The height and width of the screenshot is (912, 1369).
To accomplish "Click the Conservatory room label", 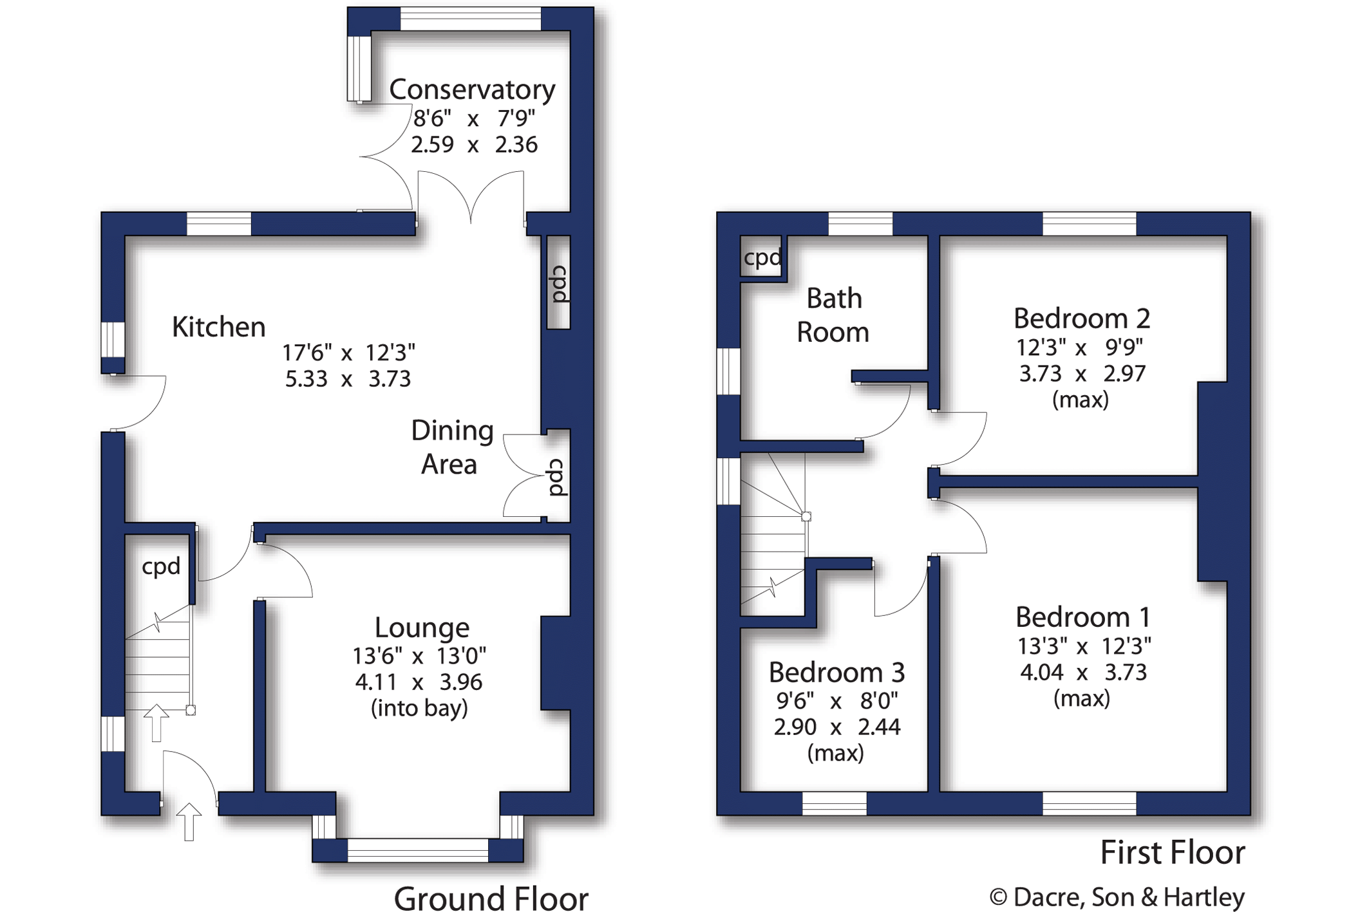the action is point(472,89).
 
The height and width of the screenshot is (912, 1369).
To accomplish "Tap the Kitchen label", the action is point(218,327).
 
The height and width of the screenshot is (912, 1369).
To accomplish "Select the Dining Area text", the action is point(451,447).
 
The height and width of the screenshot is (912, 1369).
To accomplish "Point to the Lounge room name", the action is point(422,628).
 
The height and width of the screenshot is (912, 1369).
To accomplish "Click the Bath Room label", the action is point(833,315).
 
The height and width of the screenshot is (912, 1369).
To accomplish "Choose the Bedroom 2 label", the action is point(1081,318).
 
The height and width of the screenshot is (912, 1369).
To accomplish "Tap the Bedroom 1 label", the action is point(1082,617).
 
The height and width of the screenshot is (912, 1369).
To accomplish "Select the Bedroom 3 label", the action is point(836,672).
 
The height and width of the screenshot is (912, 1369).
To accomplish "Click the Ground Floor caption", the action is point(491,898).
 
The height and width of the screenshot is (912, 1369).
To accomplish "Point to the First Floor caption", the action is point(1173,852).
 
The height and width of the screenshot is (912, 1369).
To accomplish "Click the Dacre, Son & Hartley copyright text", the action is point(1117,897).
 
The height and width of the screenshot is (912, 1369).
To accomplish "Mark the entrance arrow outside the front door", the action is point(189,822).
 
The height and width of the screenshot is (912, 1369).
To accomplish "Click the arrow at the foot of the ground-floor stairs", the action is point(156,723).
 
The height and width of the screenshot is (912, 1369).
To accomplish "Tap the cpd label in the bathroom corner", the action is point(762,258).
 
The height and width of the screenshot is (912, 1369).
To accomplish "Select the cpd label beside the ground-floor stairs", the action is point(161,566).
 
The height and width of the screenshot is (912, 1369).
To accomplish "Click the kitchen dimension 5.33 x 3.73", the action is point(348,378).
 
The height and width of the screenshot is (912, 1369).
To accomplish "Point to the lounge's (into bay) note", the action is point(419,709).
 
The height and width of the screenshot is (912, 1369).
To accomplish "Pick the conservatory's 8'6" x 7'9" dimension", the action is point(473,118).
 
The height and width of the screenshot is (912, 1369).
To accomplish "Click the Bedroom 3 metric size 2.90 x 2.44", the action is point(836,727).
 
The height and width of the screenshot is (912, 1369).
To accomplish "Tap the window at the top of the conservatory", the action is point(471,19).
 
